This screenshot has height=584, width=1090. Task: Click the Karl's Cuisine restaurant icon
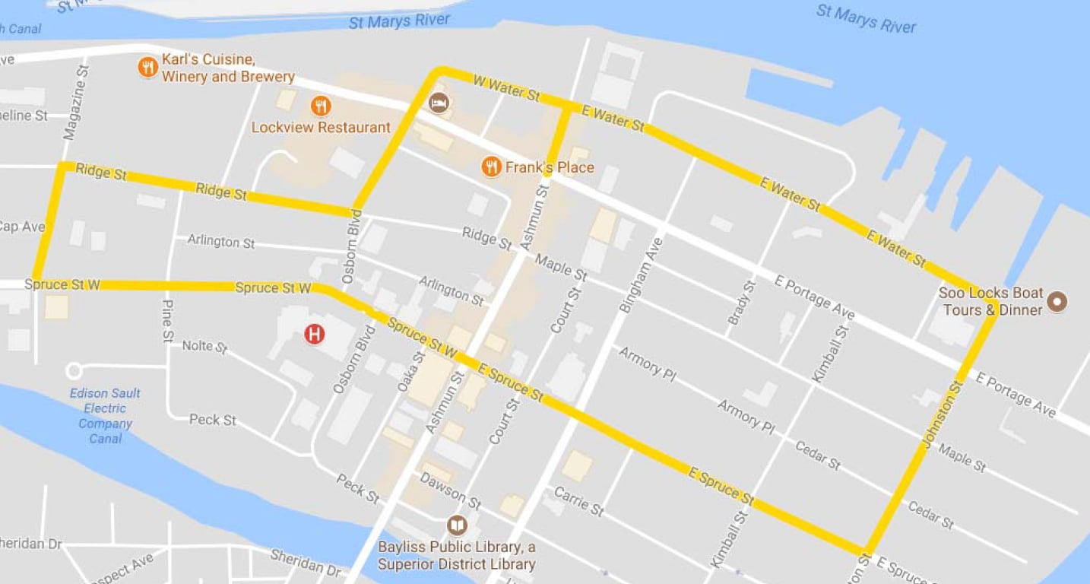[147, 68]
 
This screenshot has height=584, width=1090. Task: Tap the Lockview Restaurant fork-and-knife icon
[321, 106]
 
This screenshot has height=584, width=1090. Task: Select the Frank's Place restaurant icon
[492, 167]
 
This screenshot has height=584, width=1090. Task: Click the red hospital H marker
[314, 334]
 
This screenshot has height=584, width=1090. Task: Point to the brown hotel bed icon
[439, 103]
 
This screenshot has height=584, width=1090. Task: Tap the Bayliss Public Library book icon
[457, 525]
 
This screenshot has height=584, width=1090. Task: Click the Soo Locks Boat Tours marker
[1057, 302]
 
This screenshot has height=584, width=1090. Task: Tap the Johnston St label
[943, 414]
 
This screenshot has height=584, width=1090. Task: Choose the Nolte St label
[205, 347]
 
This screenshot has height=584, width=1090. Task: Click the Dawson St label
[450, 491]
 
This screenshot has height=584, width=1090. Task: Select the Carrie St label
[578, 502]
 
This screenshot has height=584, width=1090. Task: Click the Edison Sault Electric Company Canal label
[105, 416]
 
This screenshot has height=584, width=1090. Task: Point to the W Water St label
[506, 88]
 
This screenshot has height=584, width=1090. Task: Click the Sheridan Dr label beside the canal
[306, 565]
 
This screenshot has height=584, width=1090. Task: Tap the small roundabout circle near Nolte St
[74, 371]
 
